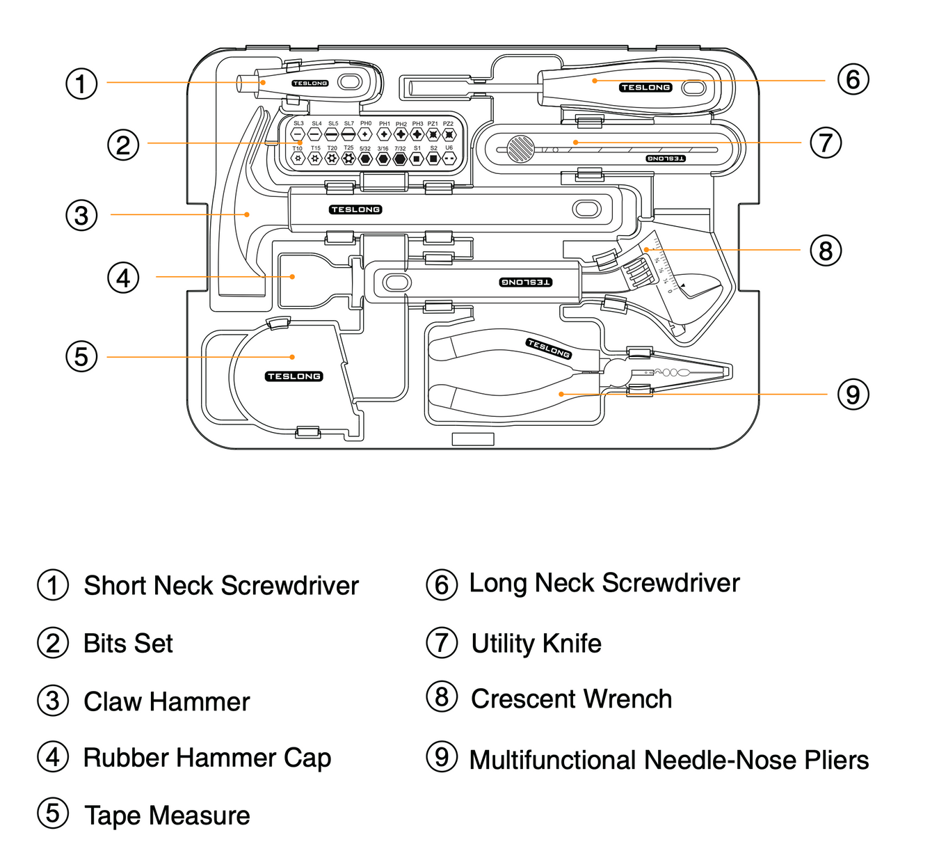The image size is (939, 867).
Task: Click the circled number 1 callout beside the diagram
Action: pos(81,84)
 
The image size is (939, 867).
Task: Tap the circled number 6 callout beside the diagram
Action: pos(853,79)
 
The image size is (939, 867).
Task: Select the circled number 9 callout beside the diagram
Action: pos(853,395)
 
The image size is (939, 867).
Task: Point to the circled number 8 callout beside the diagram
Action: pos(826,250)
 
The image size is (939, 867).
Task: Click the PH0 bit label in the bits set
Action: pos(366,123)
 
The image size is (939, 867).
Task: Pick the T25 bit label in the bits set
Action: pos(348,148)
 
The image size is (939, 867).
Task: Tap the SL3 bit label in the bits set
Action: pos(298,123)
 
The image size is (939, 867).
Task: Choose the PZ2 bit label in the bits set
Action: pos(449,124)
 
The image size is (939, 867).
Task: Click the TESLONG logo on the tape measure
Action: pos(294,376)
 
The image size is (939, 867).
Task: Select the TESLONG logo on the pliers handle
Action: pos(549,348)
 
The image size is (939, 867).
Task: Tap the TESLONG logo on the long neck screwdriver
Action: pos(645,88)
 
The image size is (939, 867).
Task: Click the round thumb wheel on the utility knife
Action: pos(520,148)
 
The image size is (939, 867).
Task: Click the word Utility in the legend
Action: pos(502,644)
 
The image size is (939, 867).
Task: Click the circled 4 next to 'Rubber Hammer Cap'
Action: pos(53,757)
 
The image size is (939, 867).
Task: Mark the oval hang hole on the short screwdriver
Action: pos(350,83)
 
